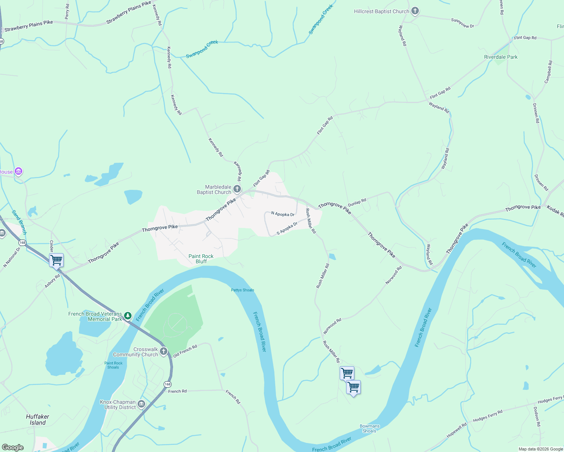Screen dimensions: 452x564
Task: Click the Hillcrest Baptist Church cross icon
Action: point(415,11)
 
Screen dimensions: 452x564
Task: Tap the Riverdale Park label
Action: point(501,57)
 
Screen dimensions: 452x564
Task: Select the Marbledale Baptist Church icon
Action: point(237,189)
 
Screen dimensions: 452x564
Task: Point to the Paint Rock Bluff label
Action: point(201,259)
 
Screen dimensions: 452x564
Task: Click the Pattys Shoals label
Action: point(242,290)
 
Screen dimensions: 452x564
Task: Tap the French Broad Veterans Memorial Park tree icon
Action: point(128,315)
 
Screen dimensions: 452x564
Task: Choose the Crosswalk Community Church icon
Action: point(164,351)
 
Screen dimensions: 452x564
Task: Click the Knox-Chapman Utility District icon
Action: point(141,404)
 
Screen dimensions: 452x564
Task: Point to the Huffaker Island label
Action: point(38,420)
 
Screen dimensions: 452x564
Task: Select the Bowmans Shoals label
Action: point(369,429)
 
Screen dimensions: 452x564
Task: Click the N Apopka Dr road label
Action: point(283,214)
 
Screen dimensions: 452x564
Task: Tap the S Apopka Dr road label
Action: point(287,228)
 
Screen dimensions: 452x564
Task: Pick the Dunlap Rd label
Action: point(357,203)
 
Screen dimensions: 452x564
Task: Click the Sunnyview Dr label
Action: point(463,23)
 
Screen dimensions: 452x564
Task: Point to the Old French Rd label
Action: point(185,351)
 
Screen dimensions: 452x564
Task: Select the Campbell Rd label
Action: point(548,72)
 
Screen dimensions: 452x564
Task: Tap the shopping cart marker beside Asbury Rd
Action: point(56,260)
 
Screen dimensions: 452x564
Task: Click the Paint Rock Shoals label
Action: point(113,365)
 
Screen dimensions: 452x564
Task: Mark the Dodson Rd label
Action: point(537,416)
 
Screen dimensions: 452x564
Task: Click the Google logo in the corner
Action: point(13,447)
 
